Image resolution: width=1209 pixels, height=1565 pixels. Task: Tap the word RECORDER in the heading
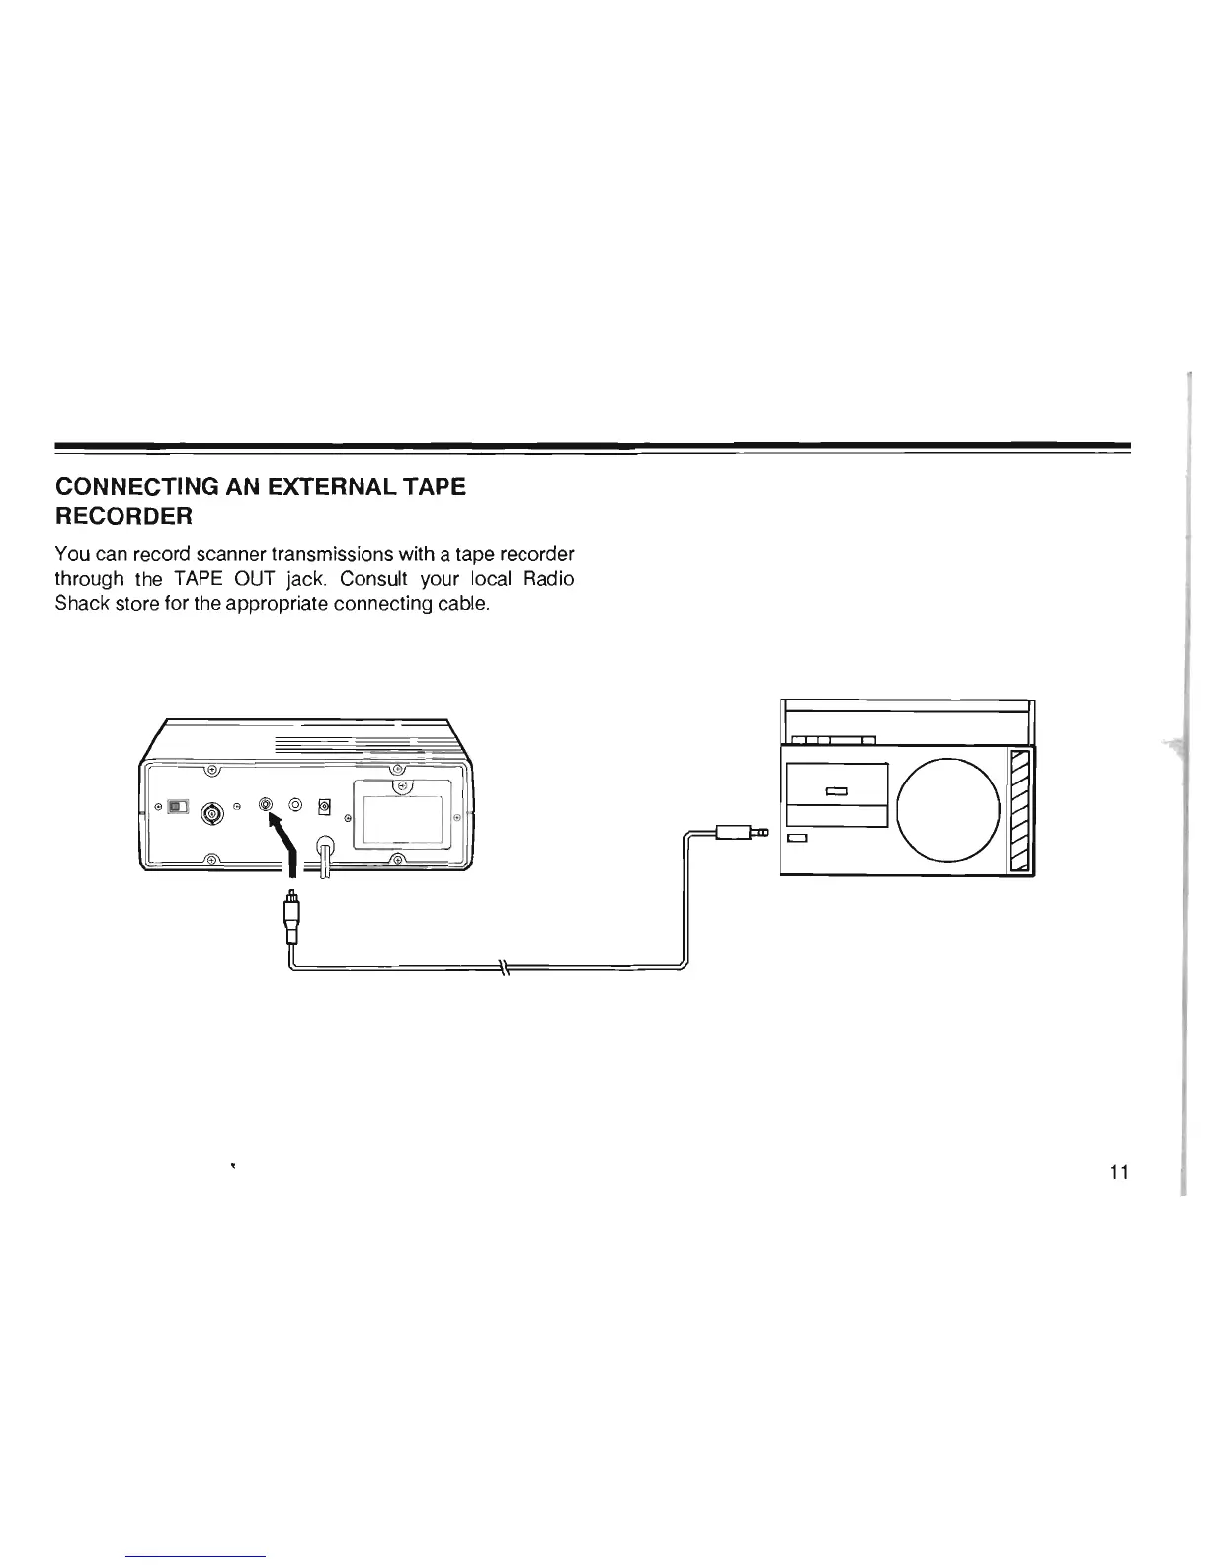point(123,516)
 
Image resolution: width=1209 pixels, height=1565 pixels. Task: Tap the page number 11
point(1118,1173)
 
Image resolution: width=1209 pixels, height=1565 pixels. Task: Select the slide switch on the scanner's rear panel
point(178,807)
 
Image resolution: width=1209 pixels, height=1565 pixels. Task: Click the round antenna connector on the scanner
point(211,814)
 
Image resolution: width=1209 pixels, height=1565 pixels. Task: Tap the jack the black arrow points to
point(265,804)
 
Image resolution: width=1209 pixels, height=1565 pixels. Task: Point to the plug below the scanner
point(291,918)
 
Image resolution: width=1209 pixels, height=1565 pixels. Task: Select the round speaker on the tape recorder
point(949,808)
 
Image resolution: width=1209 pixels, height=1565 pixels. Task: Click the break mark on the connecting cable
point(503,967)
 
